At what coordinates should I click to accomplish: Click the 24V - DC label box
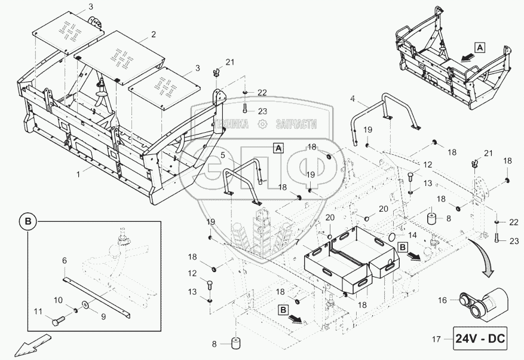[480, 340]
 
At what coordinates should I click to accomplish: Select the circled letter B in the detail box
[28, 222]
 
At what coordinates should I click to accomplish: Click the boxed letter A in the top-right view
[480, 45]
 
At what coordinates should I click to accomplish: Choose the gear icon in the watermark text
[261, 124]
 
